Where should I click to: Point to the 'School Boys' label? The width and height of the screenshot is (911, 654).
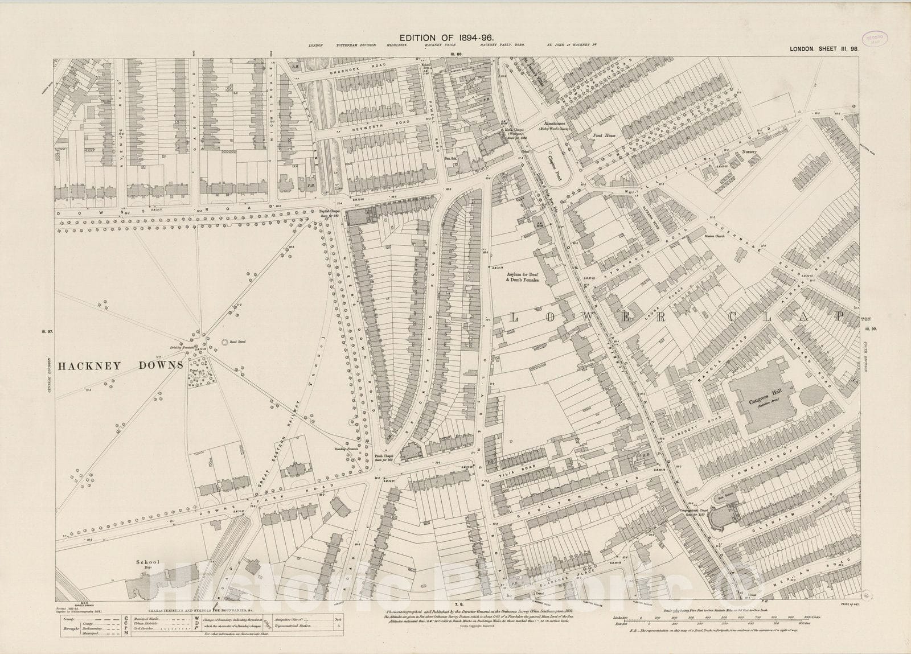click(146, 566)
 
